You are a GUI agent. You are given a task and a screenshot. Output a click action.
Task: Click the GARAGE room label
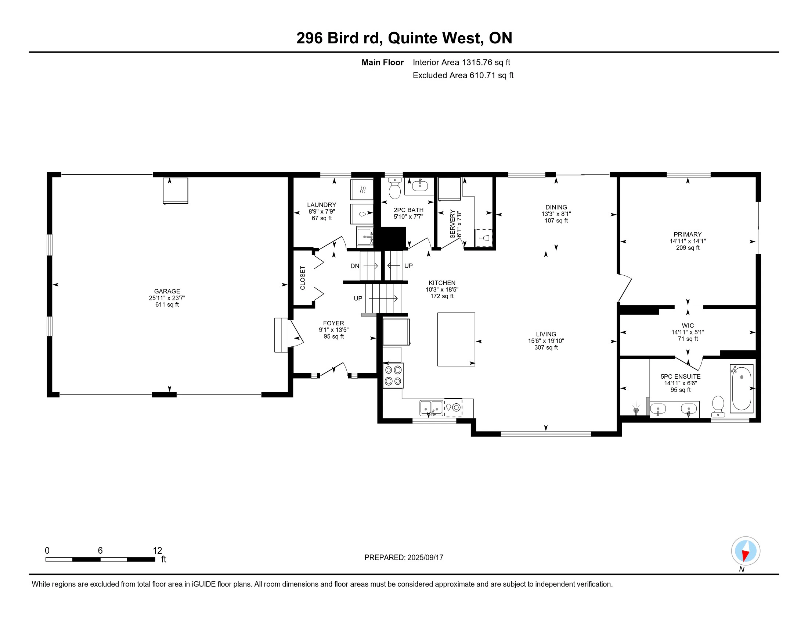coord(167,291)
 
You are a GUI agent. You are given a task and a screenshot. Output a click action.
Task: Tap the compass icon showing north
coord(745,551)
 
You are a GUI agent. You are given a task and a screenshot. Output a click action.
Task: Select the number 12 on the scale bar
coord(157,550)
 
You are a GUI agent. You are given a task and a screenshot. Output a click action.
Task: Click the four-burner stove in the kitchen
coord(393,375)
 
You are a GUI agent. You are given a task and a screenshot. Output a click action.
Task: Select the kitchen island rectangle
coord(456,339)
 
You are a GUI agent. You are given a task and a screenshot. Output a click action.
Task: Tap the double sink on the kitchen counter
coord(431,408)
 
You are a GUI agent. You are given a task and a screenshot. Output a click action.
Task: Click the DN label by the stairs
coord(354,266)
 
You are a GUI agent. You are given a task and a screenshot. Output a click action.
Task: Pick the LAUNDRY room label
coord(321,205)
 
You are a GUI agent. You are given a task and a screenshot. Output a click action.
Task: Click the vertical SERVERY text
coord(452,224)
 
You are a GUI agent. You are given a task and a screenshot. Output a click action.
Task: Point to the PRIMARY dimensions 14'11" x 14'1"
coord(688,241)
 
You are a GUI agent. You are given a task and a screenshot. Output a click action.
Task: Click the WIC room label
coord(688,325)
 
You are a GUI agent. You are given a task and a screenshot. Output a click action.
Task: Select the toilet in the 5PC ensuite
coord(718,406)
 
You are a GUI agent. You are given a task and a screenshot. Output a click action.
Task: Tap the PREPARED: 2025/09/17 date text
coord(404,557)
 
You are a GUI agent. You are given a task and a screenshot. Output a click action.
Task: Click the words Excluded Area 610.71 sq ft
coord(463,75)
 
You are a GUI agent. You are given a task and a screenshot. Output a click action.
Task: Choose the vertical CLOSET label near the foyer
coord(303,278)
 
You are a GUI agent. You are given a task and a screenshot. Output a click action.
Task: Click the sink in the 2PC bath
coord(419,185)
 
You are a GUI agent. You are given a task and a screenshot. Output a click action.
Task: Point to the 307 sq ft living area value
coord(546,347)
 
